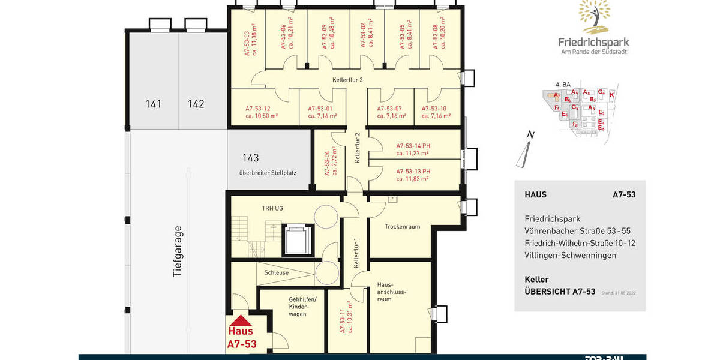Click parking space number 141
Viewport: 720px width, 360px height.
coord(154,104)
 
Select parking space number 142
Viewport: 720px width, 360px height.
coord(196,104)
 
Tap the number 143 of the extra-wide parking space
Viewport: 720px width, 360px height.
coord(250,158)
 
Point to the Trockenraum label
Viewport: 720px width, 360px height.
coord(402,227)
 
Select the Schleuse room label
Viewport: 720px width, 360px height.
coord(276,272)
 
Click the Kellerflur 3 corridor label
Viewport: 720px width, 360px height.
coord(348,79)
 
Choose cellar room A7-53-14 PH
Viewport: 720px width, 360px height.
coord(413,149)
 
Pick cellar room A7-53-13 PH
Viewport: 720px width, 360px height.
coord(413,175)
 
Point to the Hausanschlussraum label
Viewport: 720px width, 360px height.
coord(392,291)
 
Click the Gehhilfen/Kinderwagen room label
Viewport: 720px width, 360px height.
coord(298,306)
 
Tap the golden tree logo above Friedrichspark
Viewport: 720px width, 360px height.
coord(593,16)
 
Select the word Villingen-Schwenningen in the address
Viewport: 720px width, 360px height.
coord(570,255)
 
